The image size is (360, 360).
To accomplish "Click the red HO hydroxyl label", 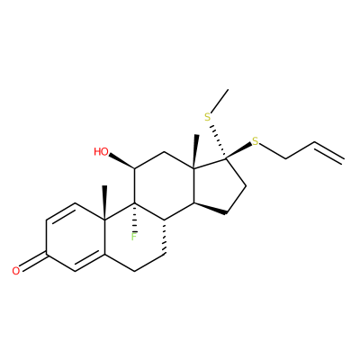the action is tap(101, 152).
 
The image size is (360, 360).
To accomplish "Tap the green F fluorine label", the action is tap(133, 237).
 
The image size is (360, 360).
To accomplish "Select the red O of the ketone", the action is tap(16, 271).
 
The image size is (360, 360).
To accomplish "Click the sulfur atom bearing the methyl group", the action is tap(208, 117).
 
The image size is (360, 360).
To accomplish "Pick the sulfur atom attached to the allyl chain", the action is tap(256, 141).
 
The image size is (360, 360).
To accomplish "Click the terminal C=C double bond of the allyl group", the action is tap(328, 152).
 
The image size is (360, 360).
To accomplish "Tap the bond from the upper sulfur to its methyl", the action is tap(220, 102).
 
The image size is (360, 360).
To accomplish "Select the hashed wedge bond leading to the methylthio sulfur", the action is tap(218, 140).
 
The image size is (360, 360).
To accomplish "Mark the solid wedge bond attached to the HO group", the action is tap(121, 161).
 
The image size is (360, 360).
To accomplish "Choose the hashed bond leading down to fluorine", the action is tap(135, 217).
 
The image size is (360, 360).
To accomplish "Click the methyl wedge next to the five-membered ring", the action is tap(195, 152).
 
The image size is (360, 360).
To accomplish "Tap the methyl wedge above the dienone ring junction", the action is tap(104, 203).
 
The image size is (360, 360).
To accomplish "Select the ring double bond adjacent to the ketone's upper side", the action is tap(61, 213).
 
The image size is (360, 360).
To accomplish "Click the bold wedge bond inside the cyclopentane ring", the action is tap(210, 208).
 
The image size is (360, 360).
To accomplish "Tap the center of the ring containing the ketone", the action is tap(76, 238).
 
